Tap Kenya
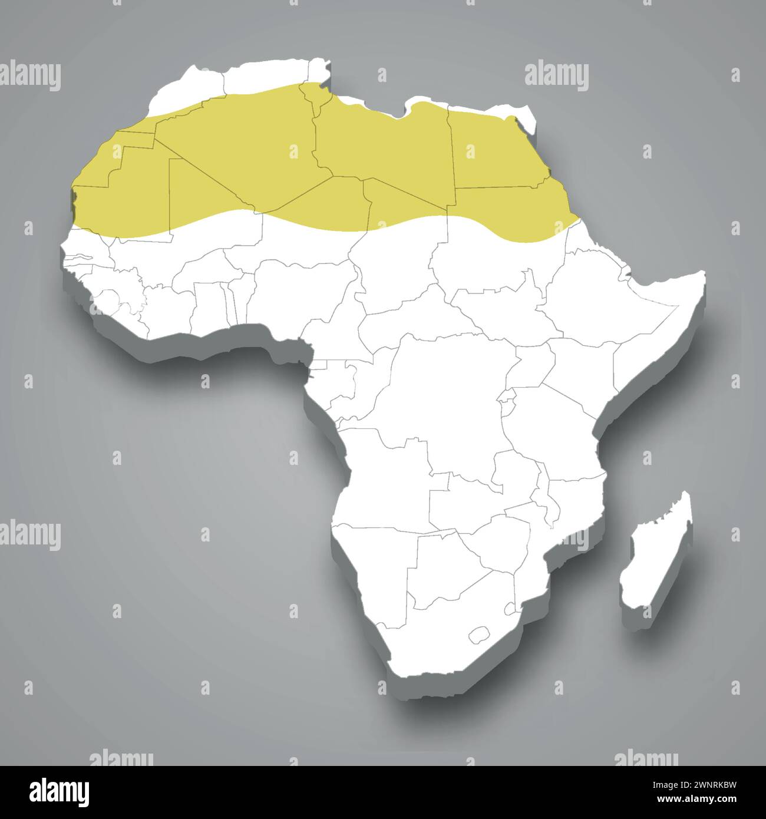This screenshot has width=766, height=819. click(583, 365)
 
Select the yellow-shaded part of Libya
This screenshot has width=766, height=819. click(383, 147)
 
